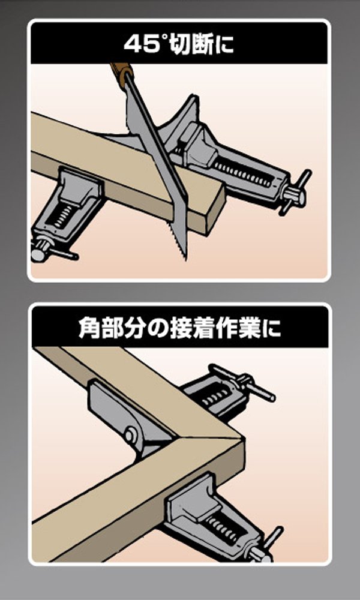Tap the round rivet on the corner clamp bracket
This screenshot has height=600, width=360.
tap(130, 434)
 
